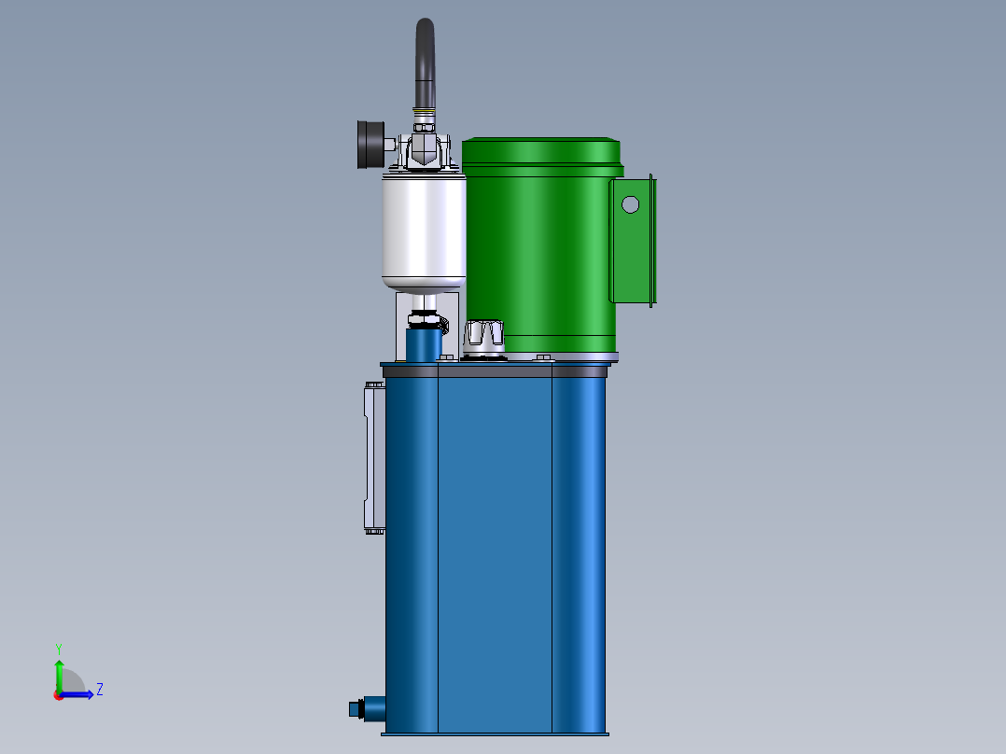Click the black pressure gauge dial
point(369,145)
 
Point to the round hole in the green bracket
point(631,203)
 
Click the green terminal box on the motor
point(634,241)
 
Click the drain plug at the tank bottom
point(356,708)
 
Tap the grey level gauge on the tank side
point(372,457)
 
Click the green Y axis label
point(58,648)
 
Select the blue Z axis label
point(99,690)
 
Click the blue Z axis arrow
point(79,694)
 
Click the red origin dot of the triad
point(58,694)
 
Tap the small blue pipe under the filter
point(424,345)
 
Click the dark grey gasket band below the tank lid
point(495,370)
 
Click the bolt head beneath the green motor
point(542,356)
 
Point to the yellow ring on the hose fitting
point(426,115)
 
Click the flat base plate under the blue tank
point(495,733)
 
